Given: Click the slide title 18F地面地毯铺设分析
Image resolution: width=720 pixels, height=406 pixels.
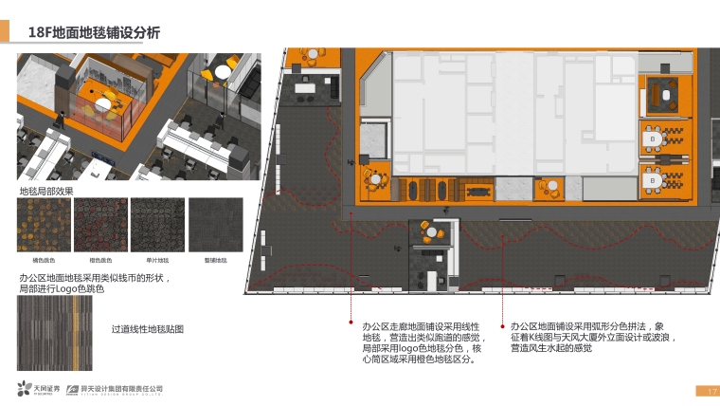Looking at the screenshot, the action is pyautogui.click(x=94, y=33).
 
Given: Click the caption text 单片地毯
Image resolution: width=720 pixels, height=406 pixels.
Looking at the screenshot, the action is pyautogui.click(x=156, y=259).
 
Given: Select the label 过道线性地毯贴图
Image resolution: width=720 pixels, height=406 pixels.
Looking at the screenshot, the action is pyautogui.click(x=147, y=329).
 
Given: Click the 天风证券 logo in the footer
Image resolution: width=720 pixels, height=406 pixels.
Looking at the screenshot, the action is pyautogui.click(x=39, y=389).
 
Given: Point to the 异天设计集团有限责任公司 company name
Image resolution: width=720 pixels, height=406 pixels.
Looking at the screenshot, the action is pyautogui.click(x=120, y=388).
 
